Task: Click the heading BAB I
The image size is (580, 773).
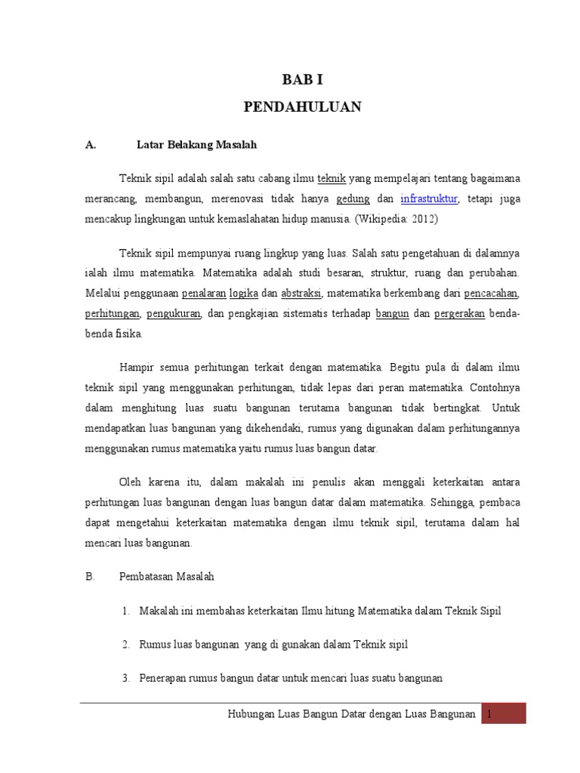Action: [302, 78]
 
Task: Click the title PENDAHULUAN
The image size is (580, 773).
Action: [302, 107]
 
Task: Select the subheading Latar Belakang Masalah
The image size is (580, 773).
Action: [198, 143]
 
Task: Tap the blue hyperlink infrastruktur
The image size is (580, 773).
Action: [429, 200]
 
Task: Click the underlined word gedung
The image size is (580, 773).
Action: [353, 200]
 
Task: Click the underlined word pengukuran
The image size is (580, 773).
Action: [173, 313]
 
